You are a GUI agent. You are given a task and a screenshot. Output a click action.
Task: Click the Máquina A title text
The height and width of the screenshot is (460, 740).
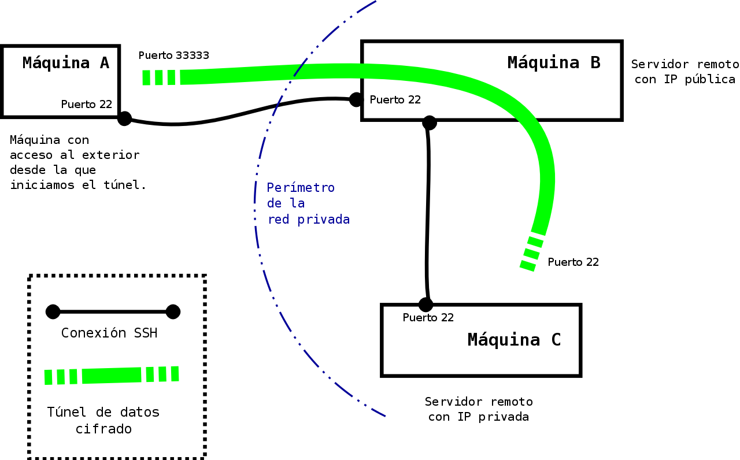[65, 62]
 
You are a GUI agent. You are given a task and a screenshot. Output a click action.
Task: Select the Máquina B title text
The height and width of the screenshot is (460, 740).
[554, 62]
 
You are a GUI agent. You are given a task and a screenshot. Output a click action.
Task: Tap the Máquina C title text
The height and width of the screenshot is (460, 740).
[514, 340]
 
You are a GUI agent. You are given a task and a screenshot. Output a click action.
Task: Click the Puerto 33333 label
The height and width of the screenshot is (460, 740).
[174, 55]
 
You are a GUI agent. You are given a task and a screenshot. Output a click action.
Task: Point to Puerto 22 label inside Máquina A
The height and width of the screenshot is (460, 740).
[87, 105]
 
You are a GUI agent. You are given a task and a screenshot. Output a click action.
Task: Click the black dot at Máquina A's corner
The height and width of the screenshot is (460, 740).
[124, 118]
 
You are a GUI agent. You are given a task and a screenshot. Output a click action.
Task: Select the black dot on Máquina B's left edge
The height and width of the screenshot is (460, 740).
[357, 99]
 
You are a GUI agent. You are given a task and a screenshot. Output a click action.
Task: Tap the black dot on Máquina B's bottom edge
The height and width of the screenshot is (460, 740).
[429, 123]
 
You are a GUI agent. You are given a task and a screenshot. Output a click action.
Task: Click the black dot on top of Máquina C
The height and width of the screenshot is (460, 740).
[425, 304]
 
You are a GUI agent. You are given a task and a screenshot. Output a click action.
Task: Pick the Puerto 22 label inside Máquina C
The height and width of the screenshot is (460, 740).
[428, 317]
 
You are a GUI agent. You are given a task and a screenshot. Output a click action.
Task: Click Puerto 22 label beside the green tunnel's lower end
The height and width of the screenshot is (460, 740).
[573, 262]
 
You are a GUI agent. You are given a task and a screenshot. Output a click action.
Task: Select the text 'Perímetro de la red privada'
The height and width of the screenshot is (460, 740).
[308, 203]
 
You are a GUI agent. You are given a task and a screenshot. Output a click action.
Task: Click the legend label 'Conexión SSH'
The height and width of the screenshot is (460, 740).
[109, 333]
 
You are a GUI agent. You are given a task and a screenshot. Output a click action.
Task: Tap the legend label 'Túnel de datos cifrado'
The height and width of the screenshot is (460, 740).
[103, 421]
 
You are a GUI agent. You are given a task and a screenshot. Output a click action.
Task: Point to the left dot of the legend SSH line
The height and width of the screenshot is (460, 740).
[53, 312]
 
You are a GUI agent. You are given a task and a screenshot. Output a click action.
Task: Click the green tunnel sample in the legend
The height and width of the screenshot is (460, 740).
[112, 376]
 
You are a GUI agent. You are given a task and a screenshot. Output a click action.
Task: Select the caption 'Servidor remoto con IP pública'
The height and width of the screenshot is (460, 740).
[684, 72]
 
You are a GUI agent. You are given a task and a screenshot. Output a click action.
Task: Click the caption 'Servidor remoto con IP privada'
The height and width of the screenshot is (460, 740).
[479, 409]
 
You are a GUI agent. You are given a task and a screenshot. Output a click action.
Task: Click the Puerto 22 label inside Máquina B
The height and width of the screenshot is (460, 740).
[395, 100]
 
